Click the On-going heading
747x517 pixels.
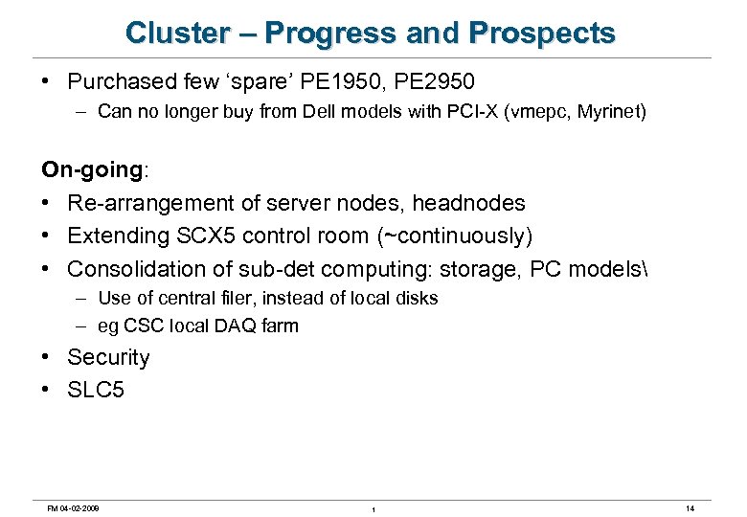coord(92,170)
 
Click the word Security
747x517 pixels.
coord(108,357)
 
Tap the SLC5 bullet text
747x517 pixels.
coord(96,390)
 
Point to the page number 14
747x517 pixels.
coord(690,507)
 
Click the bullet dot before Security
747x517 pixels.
coord(47,357)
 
